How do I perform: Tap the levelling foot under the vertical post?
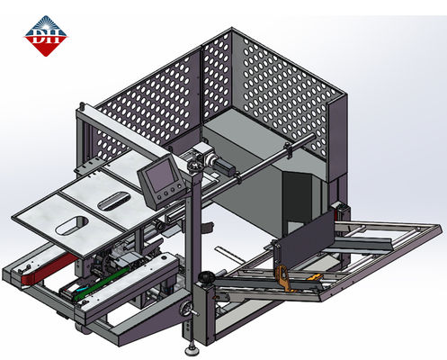(190, 346)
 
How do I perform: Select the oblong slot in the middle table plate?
(114, 199)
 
